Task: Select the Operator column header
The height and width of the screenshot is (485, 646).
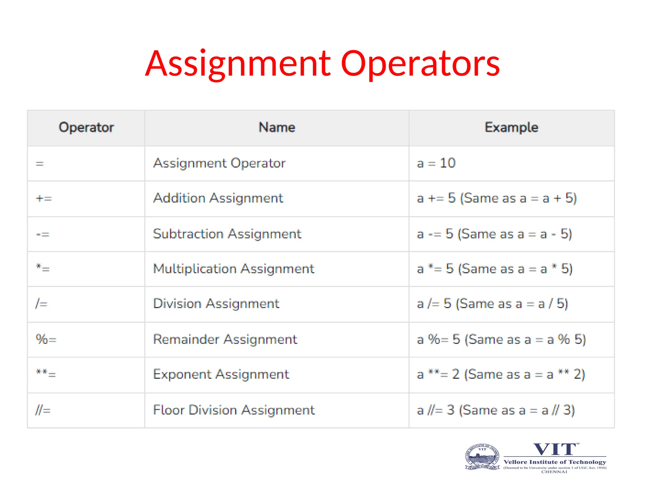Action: (x=86, y=127)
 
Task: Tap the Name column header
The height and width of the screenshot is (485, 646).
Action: (x=277, y=127)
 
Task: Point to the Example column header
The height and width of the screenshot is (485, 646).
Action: (x=511, y=127)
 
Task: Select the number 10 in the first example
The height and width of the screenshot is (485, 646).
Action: (x=448, y=163)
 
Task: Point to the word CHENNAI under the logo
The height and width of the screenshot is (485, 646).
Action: (x=554, y=472)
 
